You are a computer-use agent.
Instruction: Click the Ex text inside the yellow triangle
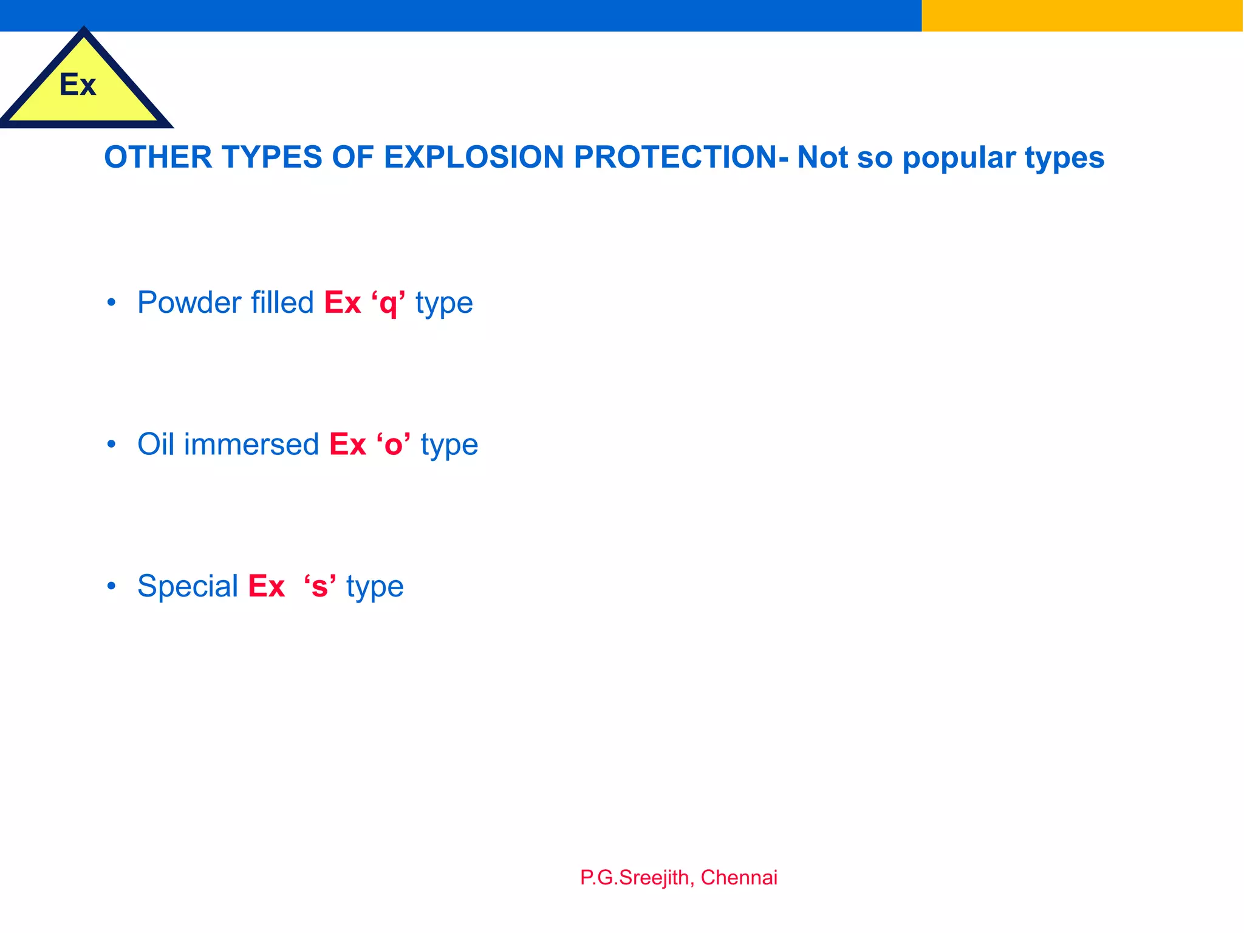coord(78,85)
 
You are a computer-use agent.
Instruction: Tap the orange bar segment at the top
coord(1082,15)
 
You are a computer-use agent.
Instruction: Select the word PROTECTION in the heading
coord(675,157)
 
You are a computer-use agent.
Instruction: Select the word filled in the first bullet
coord(282,302)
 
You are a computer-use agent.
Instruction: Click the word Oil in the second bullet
coord(156,444)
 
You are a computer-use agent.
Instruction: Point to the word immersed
coord(251,444)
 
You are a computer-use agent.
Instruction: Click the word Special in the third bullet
coord(188,586)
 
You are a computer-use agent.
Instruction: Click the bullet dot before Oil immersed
coord(111,445)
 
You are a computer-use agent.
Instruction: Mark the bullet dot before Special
coord(111,586)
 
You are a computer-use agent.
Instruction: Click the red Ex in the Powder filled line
coord(343,302)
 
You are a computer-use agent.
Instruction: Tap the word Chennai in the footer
coord(739,878)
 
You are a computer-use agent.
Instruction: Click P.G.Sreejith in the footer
coord(634,878)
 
